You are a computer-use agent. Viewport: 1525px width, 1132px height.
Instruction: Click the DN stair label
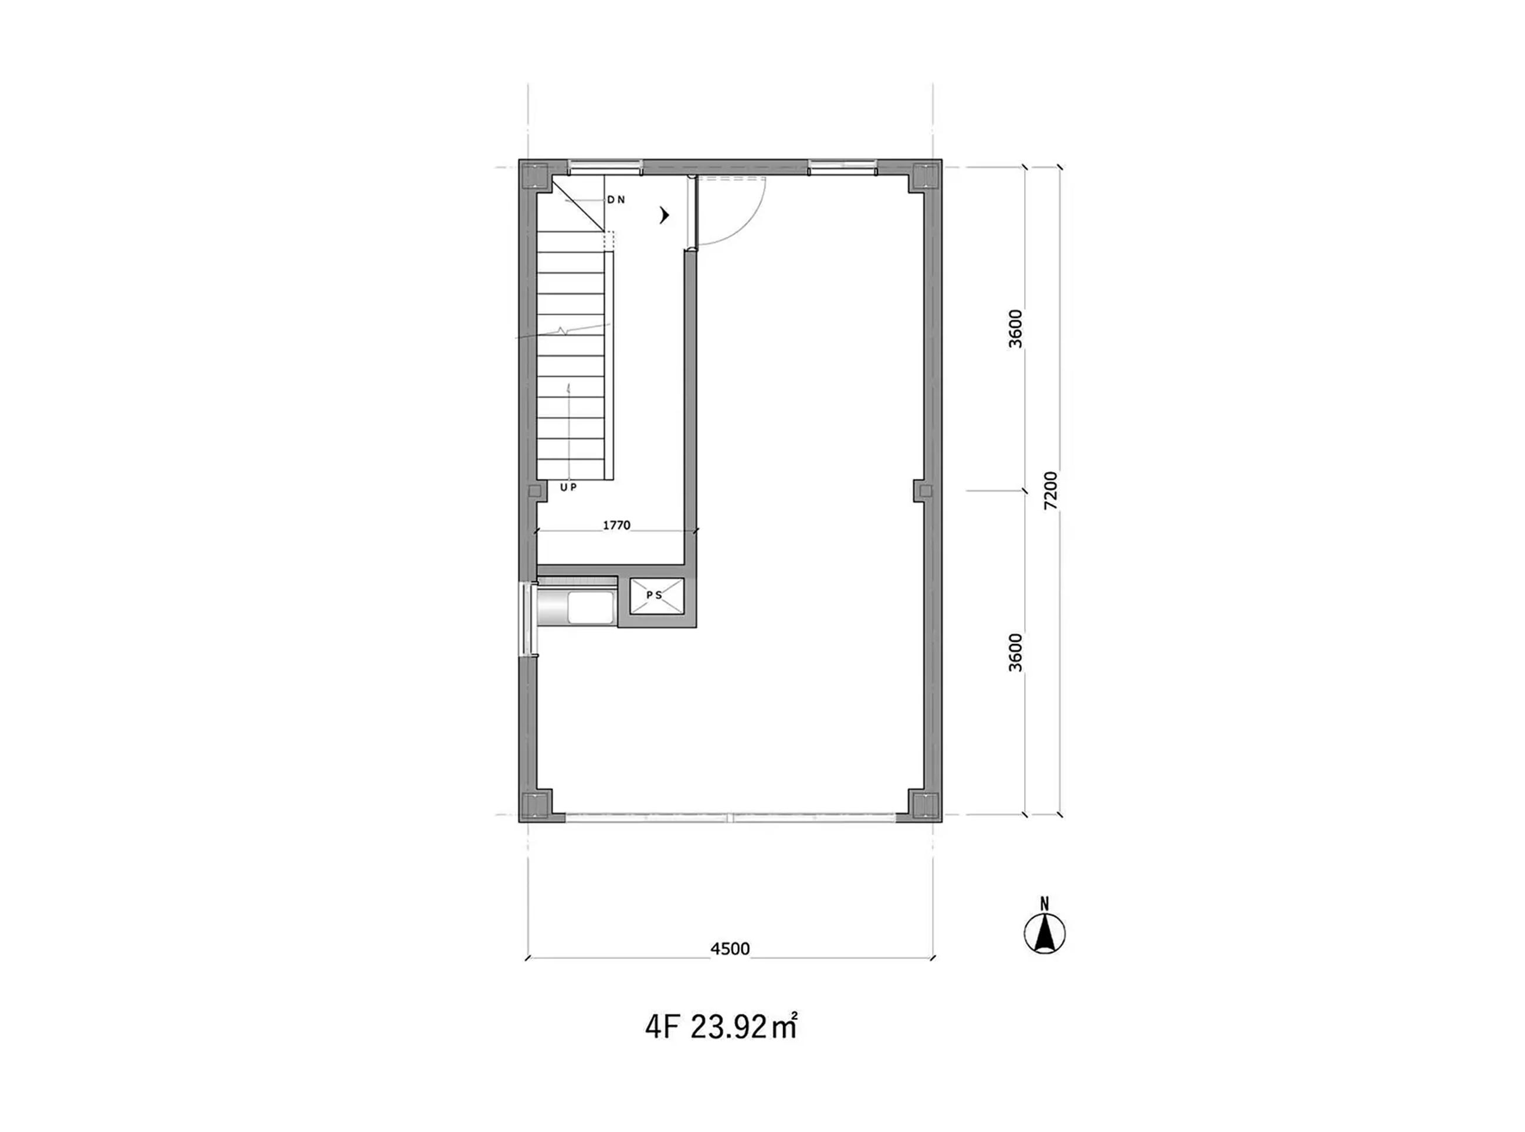tap(616, 200)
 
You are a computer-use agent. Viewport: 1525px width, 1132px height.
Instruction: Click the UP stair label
tap(568, 487)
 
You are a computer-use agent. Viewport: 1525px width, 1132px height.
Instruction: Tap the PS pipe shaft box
tap(657, 596)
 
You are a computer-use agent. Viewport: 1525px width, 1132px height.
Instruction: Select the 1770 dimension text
tap(616, 526)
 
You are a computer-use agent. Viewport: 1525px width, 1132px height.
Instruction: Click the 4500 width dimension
tap(730, 949)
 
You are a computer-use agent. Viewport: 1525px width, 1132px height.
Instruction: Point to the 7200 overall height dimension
tap(1051, 490)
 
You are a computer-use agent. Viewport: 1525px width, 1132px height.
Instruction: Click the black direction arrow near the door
tap(664, 216)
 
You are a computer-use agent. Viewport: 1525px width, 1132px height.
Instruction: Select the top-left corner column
tap(535, 176)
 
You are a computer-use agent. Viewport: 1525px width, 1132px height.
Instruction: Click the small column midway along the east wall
tap(924, 490)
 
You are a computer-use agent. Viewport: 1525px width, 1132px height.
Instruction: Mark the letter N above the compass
tap(1045, 904)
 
